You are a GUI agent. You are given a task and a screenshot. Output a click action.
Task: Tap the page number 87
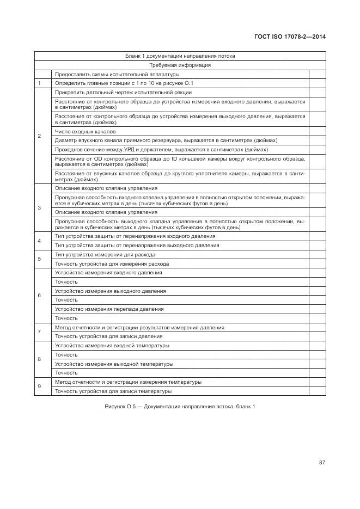click(x=322, y=463)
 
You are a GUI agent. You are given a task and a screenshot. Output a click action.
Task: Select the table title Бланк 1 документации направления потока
click(x=180, y=56)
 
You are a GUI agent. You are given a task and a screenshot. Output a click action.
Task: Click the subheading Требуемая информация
click(x=180, y=65)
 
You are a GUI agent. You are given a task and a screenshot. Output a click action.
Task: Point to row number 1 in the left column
click(x=39, y=83)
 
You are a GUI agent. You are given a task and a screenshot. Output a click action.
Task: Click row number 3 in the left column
click(x=39, y=208)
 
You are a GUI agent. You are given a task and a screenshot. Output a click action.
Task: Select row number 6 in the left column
click(x=39, y=296)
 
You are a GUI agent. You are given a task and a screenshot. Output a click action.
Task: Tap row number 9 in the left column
click(x=39, y=387)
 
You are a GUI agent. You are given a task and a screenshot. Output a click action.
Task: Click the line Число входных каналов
click(x=85, y=131)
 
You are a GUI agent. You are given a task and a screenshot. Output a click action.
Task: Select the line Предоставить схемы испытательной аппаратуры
click(x=117, y=75)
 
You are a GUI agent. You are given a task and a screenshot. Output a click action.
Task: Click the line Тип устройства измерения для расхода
click(x=105, y=255)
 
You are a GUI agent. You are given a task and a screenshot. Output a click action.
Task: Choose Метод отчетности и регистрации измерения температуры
click(x=128, y=382)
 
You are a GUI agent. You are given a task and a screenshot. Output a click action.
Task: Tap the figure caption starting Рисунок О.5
click(x=180, y=407)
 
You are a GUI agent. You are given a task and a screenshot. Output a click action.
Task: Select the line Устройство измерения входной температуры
click(x=112, y=346)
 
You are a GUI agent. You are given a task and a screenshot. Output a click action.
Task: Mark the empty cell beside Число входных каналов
click(x=317, y=131)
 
